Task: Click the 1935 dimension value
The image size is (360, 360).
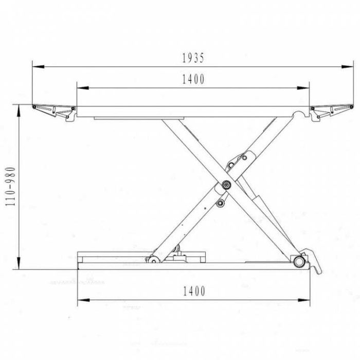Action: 193,58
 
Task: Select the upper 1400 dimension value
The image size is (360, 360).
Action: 193,79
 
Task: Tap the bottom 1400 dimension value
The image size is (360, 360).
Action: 194,291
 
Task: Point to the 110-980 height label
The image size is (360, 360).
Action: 11,186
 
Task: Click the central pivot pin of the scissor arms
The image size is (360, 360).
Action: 226,185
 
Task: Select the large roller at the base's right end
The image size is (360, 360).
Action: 299,261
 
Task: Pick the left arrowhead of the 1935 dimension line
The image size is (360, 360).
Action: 39,67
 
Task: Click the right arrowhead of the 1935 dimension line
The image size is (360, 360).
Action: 347,67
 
